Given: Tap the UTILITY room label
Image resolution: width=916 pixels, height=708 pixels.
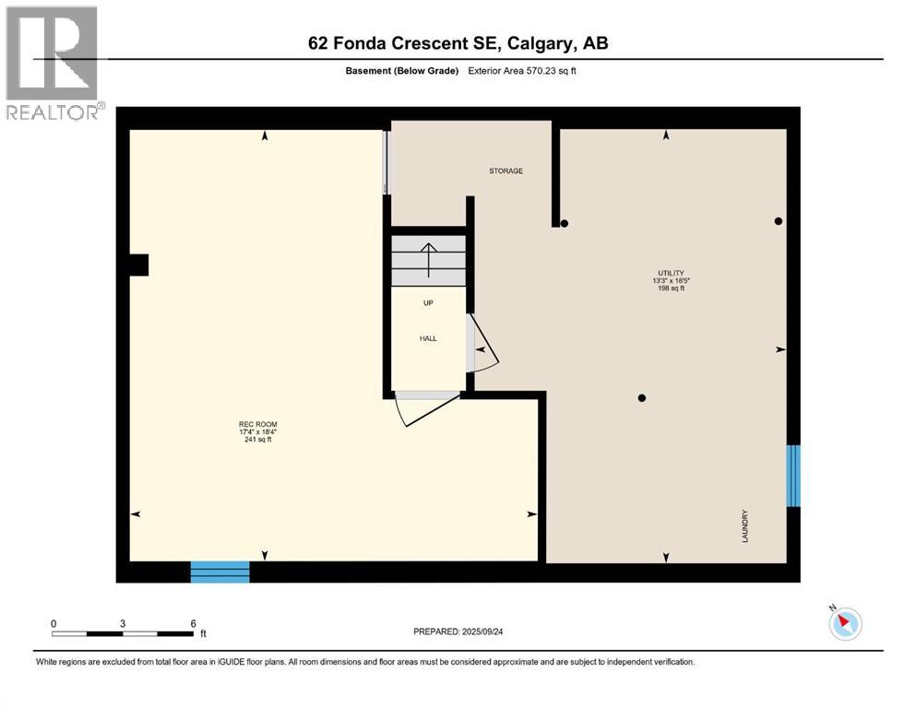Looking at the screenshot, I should pyautogui.click(x=670, y=273).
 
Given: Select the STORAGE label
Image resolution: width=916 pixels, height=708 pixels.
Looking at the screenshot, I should pyautogui.click(x=506, y=171).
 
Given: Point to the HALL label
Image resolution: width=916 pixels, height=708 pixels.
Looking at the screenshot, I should pyautogui.click(x=428, y=338).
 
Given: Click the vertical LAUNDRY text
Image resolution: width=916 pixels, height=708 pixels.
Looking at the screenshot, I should pyautogui.click(x=744, y=526).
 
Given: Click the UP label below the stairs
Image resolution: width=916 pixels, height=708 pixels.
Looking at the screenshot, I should pyautogui.click(x=428, y=303).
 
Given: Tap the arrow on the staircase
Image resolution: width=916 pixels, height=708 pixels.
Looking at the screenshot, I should pyautogui.click(x=428, y=259).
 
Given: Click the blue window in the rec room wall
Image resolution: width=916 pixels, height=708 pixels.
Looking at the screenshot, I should pyautogui.click(x=220, y=572).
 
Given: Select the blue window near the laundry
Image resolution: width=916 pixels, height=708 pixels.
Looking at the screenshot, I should pyautogui.click(x=792, y=476).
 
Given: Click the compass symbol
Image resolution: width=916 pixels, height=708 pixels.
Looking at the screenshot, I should pyautogui.click(x=844, y=623).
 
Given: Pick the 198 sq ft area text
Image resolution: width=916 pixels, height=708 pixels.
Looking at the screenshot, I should pyautogui.click(x=670, y=289).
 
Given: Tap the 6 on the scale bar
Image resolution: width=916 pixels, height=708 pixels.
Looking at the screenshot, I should pyautogui.click(x=193, y=623).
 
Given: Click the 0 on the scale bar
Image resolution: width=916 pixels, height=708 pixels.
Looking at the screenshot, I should pyautogui.click(x=54, y=623).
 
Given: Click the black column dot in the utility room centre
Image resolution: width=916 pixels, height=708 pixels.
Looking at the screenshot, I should pyautogui.click(x=642, y=398).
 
